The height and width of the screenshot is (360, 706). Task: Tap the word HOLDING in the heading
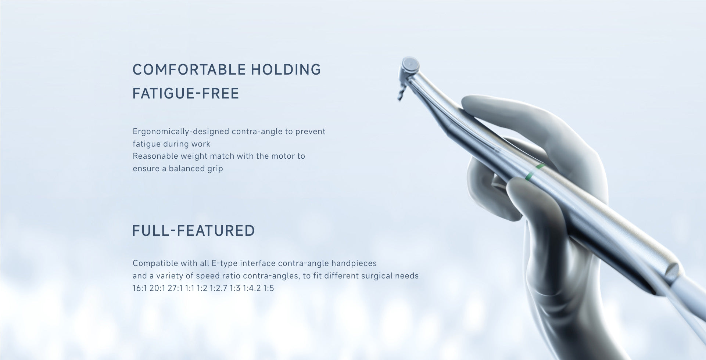coord(286,69)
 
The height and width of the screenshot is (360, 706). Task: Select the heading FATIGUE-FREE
coord(186,93)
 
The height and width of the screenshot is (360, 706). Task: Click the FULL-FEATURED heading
coord(193,231)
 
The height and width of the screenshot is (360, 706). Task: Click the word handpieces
coord(354,263)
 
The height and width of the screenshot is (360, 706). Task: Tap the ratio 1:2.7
coord(219,288)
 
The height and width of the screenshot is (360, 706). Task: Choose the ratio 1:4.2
coord(252,288)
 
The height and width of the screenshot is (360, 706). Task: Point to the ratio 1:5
coord(269,288)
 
